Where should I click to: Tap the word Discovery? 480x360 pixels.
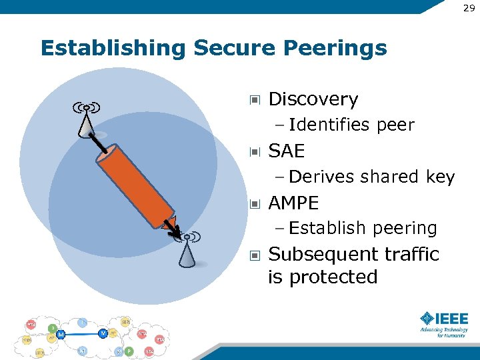tap(313, 99)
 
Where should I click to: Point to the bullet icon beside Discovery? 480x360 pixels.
tap(254, 100)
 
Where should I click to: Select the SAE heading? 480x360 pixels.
tap(286, 151)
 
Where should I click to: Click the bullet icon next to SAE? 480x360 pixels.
tap(254, 152)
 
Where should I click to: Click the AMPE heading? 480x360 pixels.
tap(293, 203)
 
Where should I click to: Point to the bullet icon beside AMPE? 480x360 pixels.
tap(254, 203)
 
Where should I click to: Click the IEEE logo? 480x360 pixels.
tap(444, 324)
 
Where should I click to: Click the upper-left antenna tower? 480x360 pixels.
tap(86, 122)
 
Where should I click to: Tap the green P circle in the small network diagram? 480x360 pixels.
tap(129, 351)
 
